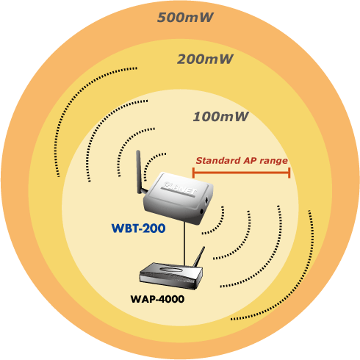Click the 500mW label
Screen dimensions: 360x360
click(185, 18)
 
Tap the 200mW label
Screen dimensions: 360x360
click(205, 60)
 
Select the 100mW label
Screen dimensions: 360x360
click(221, 117)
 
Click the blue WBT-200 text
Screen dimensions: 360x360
click(138, 228)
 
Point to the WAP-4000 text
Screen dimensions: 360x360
click(157, 299)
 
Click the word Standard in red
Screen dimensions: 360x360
click(218, 161)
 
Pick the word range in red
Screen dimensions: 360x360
click(273, 162)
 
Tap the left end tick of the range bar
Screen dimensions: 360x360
click(193, 173)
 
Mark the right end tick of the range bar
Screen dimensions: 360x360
click(289, 173)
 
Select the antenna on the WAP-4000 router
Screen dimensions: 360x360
click(199, 256)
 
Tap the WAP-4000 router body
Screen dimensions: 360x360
click(171, 276)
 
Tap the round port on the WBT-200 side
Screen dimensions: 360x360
click(202, 211)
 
